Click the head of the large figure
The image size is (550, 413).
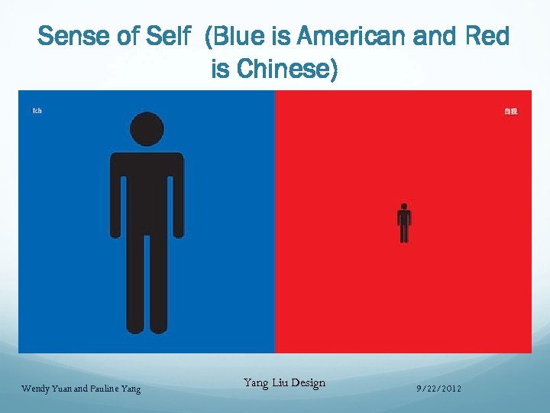(147, 128)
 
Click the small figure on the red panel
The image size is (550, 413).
(404, 222)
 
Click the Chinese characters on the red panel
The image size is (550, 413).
(510, 112)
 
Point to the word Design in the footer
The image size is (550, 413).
(307, 382)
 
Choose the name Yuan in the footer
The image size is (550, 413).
(64, 389)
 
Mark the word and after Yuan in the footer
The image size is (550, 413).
(82, 389)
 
